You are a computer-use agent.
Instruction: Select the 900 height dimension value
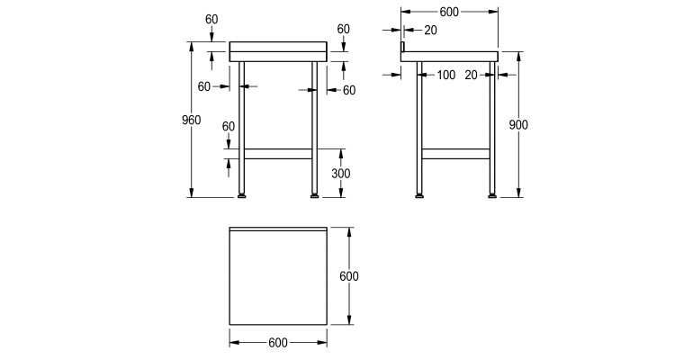pos(517,125)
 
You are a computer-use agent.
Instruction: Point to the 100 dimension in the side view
pos(445,75)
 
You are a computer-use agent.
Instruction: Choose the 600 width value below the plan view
pos(277,342)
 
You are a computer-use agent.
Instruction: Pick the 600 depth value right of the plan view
pos(348,276)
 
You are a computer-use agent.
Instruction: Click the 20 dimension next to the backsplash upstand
pos(429,30)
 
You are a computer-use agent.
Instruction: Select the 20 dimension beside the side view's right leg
pos(472,75)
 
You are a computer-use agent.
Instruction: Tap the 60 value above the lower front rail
pos(228,126)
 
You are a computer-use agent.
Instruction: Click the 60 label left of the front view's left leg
pos(203,86)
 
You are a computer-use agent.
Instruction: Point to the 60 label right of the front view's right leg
pos(348,90)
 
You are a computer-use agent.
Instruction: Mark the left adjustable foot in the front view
pos(241,193)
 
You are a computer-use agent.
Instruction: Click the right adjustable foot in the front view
pos(314,193)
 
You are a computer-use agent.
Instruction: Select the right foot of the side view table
pos(491,193)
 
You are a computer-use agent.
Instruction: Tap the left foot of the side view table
pos(418,193)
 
